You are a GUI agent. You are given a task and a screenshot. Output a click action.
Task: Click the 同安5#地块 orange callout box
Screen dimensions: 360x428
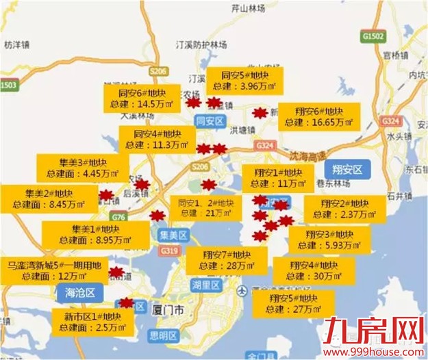tap(244, 80)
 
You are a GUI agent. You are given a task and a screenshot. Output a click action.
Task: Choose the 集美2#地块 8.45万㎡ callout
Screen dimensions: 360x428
tap(47, 198)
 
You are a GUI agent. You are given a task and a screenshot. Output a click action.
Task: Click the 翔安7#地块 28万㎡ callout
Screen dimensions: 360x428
tap(225, 261)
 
